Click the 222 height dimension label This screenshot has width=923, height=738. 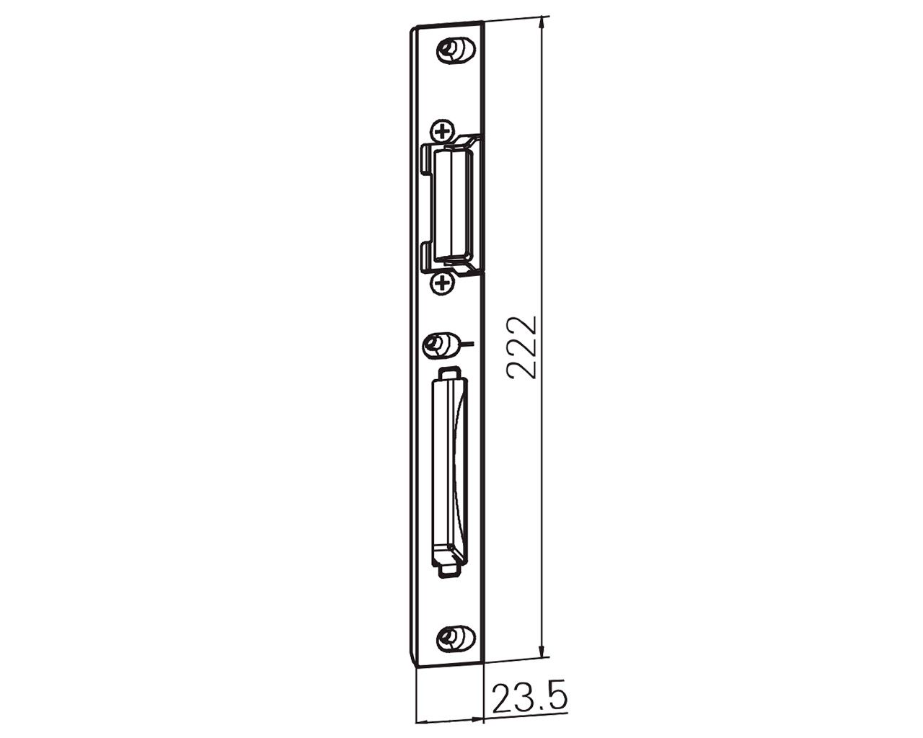[x=521, y=348]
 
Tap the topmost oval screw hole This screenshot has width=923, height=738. [x=456, y=51]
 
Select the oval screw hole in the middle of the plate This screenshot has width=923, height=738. [x=442, y=344]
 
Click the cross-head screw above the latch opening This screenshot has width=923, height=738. [x=443, y=130]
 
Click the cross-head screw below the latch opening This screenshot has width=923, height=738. [x=443, y=283]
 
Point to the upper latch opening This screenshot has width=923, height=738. [x=454, y=205]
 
